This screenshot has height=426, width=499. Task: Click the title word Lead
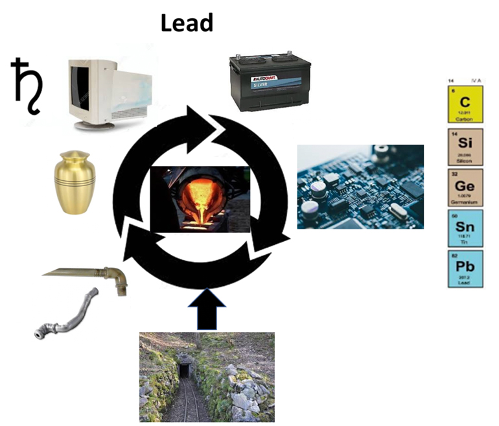(x=187, y=23)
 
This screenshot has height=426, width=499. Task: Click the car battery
(x=270, y=83)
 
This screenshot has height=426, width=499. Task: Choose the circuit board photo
(x=360, y=186)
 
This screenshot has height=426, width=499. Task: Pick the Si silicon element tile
(x=465, y=147)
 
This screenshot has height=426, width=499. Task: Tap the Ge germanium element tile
(x=465, y=187)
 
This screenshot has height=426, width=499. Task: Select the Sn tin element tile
(x=465, y=228)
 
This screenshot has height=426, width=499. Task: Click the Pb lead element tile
(x=465, y=269)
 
